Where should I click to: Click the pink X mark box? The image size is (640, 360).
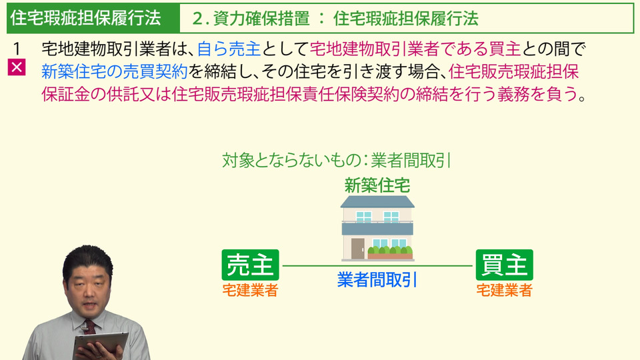coord(17,67)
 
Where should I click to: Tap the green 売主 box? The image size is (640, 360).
coord(250,265)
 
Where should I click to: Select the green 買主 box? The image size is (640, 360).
coord(505,265)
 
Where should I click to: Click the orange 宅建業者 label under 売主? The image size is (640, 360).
coord(250,290)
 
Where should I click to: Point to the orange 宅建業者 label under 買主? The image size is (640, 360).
coord(505,290)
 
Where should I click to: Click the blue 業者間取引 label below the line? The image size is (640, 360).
coord(377,279)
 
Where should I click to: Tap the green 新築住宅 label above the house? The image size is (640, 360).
coord(377,185)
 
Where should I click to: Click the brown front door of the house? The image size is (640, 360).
coord(358,248)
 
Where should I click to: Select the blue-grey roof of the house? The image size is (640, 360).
coord(377,201)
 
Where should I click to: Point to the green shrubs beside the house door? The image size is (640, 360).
coord(390,250)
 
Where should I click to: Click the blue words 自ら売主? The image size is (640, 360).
coord(229,49)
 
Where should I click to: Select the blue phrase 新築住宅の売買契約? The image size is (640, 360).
coord(115,72)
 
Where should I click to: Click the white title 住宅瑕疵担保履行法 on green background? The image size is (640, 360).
coord(86,18)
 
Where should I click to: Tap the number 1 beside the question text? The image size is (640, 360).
coord(17,49)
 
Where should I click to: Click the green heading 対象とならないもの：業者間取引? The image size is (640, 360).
coord(337,160)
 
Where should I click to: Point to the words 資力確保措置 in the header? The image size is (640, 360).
coord(261,19)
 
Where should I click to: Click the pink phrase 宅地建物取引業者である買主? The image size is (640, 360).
coord(415,49)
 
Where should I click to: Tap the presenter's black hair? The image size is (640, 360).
coord(87,259)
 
